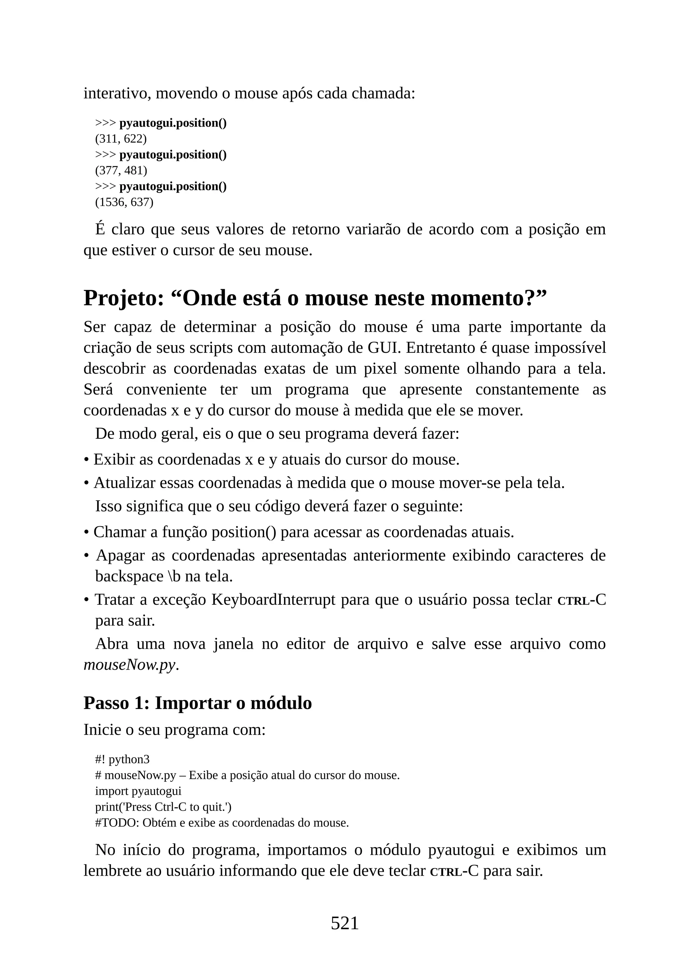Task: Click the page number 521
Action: (x=345, y=923)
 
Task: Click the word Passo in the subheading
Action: (x=106, y=703)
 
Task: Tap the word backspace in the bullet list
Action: (x=129, y=576)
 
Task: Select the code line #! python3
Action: (x=122, y=759)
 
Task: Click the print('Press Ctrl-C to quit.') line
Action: (x=163, y=806)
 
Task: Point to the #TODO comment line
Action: (x=222, y=822)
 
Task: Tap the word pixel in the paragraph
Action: (x=380, y=369)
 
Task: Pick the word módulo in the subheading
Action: (x=281, y=703)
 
